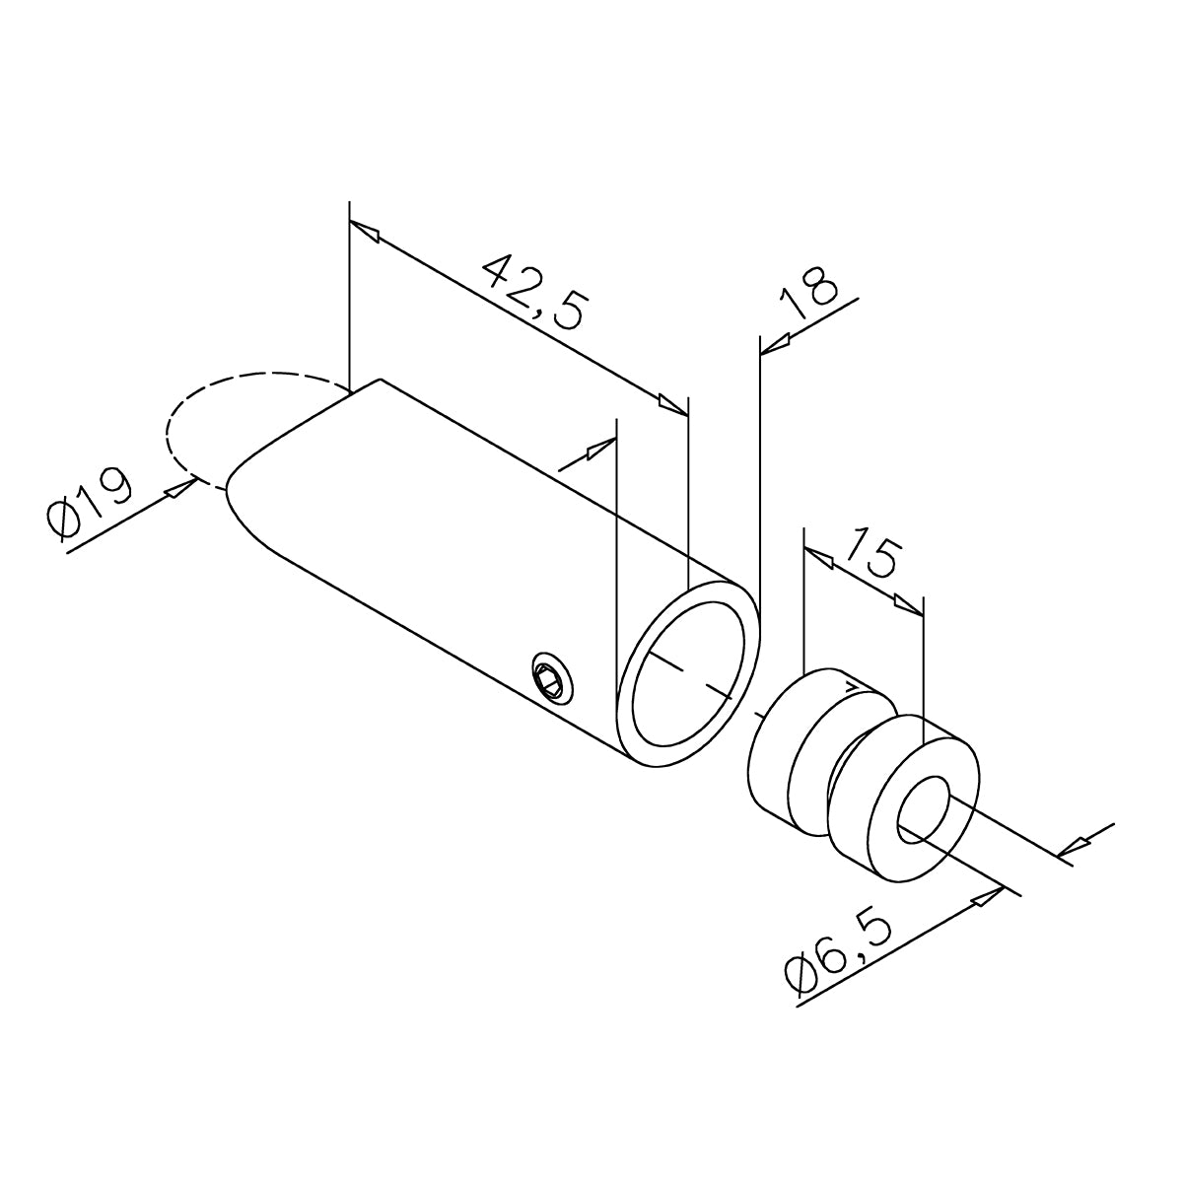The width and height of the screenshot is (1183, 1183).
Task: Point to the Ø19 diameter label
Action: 90,504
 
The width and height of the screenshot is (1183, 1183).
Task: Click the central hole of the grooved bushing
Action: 924,809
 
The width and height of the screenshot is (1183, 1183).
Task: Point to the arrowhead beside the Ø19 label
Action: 179,488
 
